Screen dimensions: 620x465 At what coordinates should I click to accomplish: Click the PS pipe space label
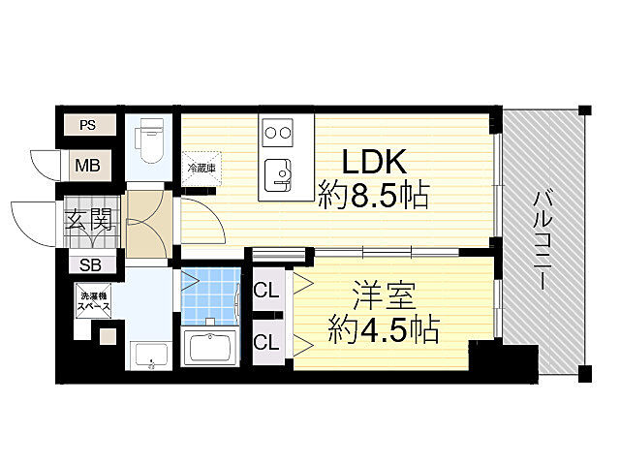click(88, 125)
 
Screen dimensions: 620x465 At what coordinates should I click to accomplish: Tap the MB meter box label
click(88, 166)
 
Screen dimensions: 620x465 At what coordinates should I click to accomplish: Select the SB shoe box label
click(90, 264)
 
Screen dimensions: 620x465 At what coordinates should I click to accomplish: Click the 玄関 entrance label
click(88, 220)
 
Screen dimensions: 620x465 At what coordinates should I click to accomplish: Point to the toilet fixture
click(149, 140)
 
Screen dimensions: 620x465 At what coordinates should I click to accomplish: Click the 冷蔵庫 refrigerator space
click(201, 168)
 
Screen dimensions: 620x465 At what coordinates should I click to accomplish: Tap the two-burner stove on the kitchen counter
click(278, 133)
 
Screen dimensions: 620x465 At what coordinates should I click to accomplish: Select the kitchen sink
click(277, 174)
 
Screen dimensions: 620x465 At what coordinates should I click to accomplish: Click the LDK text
click(374, 162)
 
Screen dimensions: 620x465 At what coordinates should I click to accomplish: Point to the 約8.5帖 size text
click(374, 195)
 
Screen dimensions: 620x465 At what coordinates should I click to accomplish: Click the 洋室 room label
click(385, 295)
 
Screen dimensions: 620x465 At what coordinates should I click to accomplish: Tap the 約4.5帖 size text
click(384, 329)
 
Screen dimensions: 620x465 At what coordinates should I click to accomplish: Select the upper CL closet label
click(266, 291)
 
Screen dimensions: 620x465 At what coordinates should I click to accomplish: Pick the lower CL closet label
click(266, 342)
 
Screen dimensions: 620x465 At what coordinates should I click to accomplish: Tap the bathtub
click(210, 347)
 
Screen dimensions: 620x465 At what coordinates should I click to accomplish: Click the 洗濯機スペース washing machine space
click(94, 301)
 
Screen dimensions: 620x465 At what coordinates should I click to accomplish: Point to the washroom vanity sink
click(151, 356)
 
